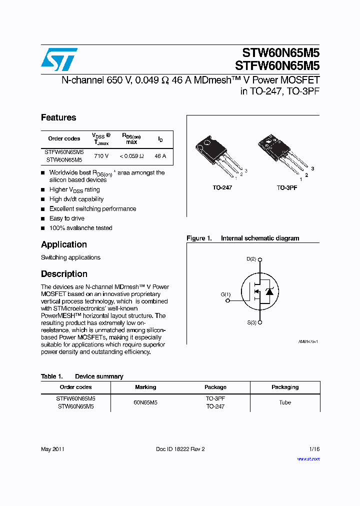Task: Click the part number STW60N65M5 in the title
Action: pos(280,52)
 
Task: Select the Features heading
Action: pos(58,117)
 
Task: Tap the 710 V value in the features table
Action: pos(101,156)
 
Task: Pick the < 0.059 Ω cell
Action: pos(131,156)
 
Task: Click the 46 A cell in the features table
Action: pos(160,156)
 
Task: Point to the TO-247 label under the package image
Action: pos(222,187)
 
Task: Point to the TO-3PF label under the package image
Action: pos(287,187)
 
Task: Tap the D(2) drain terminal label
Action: pos(251,259)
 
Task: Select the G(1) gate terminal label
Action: pos(225,294)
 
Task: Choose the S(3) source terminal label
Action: pos(251,323)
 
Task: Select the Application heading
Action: pos(64,244)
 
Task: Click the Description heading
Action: pos(64,274)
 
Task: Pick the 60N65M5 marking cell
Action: pos(145,402)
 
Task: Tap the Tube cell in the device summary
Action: pos(284,402)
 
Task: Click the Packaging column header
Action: pos(284,387)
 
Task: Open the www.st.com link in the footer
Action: pos(308,458)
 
